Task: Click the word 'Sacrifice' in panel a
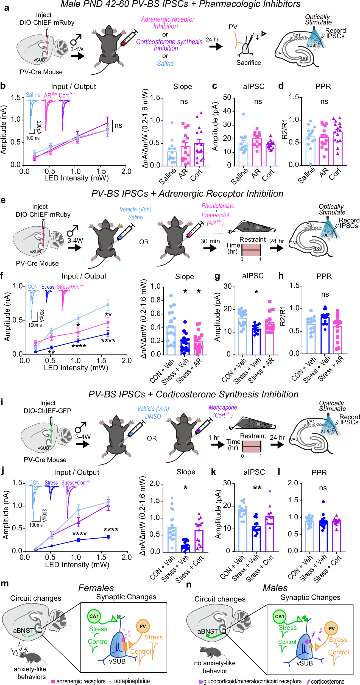pos(249,63)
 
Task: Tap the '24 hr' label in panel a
pos(212,40)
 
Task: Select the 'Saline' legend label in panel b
pos(33,95)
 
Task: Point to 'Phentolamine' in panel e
pos(218,206)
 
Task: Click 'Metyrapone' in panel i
pos(223,407)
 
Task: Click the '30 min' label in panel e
pos(210,241)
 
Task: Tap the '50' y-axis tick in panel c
pos(227,98)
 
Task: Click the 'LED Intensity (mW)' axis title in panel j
pos(77,565)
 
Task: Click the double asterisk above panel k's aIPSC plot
pos(257,488)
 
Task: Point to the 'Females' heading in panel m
pos(96,588)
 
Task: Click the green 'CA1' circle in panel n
pos(280,616)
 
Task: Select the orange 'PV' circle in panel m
pos(143,626)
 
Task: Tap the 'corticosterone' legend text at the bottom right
pos(327,681)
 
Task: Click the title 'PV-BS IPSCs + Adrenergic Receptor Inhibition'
pos(187,193)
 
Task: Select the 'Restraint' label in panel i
pos(253,436)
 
